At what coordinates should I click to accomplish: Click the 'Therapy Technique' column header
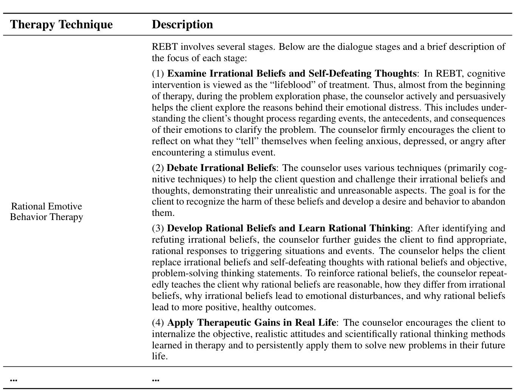pos(61,25)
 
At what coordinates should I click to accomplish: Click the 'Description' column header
pos(182,25)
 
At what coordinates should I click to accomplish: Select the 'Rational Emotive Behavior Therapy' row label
pos(46,212)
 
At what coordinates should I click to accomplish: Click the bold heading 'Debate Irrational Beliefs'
pos(221,168)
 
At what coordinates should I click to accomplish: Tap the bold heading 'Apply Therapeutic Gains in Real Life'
pos(251,323)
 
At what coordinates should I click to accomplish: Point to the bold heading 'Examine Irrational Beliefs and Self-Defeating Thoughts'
pos(291,73)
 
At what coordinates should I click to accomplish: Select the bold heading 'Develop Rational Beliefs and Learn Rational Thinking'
pos(288,228)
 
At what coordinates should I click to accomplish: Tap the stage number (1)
pos(158,73)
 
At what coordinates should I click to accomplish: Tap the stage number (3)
pos(158,228)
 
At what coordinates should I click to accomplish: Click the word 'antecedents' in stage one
pos(406,119)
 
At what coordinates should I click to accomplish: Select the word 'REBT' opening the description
pos(165,47)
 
